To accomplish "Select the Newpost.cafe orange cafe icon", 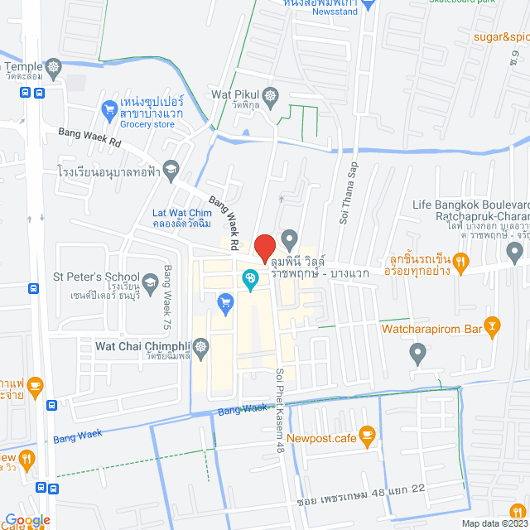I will tap(369, 433).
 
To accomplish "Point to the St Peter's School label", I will tap(96, 277).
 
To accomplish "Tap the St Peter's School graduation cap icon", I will tap(150, 286).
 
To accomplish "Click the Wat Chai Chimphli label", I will tap(143, 345).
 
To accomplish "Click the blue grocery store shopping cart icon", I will tap(108, 108).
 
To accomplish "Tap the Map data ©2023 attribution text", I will tap(494, 523).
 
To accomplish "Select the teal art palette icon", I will tap(248, 282).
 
